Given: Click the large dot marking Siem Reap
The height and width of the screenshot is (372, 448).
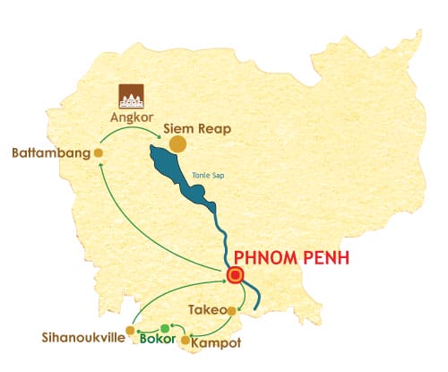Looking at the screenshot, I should (178, 143).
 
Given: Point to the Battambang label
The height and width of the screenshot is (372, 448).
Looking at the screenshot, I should (51, 153).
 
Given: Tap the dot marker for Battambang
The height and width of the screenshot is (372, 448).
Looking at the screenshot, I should (99, 153).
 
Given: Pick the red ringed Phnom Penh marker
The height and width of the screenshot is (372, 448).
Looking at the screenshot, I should (236, 276).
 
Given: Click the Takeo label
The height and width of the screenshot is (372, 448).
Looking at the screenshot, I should (206, 310).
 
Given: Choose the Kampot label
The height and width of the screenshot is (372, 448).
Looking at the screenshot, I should (218, 342).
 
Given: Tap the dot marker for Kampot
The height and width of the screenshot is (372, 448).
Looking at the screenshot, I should (185, 342).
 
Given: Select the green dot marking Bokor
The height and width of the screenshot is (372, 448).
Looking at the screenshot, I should (164, 328).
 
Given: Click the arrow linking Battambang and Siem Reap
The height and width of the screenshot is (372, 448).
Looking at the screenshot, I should (130, 131).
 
